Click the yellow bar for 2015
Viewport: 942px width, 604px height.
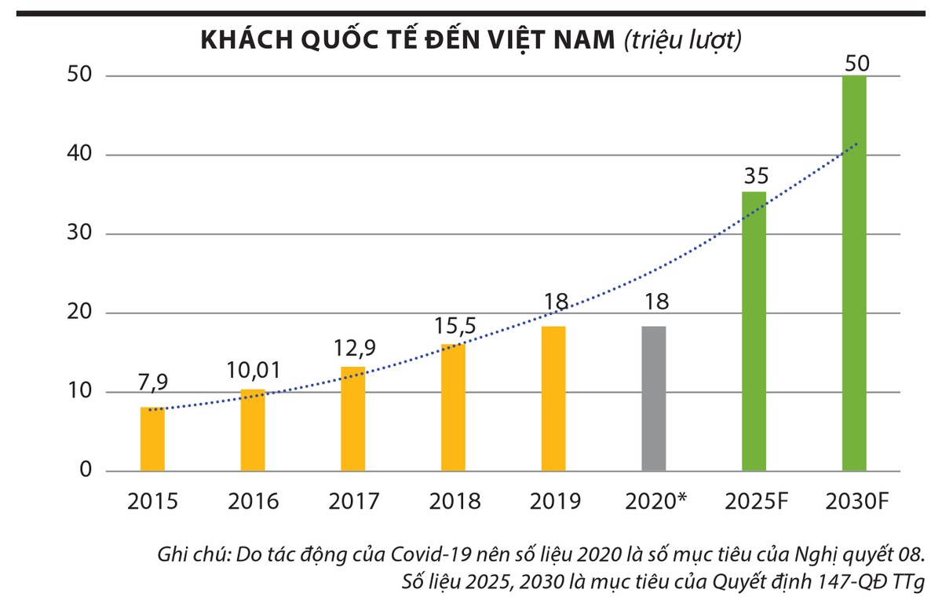[152, 439]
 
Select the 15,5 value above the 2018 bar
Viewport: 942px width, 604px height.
[454, 324]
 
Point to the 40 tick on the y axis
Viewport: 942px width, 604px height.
[78, 155]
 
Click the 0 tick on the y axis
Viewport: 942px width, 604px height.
[87, 471]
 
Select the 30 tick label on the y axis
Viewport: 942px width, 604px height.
[78, 234]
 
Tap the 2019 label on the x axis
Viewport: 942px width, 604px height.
[555, 501]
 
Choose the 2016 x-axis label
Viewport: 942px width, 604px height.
[253, 501]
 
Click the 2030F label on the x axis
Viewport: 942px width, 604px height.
[854, 501]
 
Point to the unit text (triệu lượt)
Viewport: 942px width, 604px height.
[681, 40]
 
